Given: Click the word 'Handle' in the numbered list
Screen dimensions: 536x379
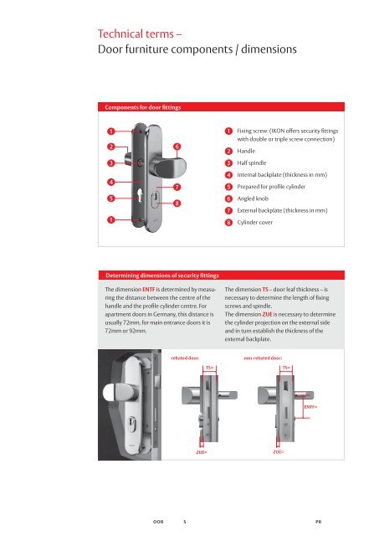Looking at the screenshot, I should [x=248, y=151].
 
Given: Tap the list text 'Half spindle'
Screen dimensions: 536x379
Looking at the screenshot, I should [x=255, y=162].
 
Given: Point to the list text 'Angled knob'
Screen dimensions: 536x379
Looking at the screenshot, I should [x=255, y=199].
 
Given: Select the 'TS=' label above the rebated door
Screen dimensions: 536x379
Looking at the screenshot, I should [x=210, y=367].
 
